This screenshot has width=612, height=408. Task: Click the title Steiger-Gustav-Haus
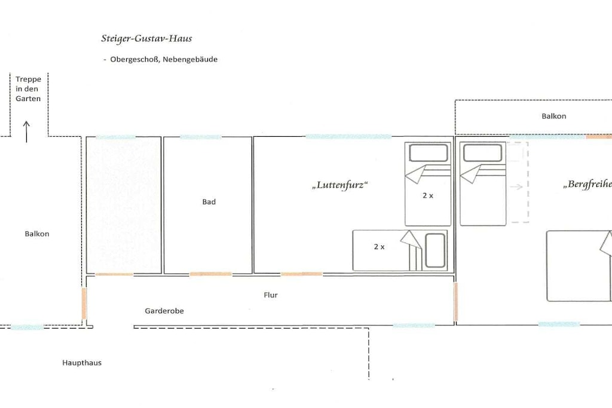click(x=147, y=38)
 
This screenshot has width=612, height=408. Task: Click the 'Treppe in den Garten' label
click(x=28, y=89)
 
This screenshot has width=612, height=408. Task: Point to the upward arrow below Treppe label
click(x=26, y=132)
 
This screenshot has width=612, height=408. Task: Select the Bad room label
click(x=209, y=202)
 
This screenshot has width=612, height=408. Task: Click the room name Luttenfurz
click(x=340, y=185)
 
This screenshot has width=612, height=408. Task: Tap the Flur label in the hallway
click(x=271, y=295)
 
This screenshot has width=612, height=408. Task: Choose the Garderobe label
click(x=164, y=311)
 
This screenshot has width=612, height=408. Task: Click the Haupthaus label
click(x=82, y=363)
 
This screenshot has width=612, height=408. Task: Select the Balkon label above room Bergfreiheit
click(x=554, y=116)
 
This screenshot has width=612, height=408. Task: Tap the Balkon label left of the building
click(x=37, y=234)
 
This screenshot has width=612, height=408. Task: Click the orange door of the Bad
click(x=211, y=274)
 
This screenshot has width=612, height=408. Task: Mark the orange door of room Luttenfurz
click(x=302, y=274)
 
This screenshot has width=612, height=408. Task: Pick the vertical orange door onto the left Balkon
click(x=84, y=303)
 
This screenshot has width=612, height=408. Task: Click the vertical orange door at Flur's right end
click(x=455, y=302)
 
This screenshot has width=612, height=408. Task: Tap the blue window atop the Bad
click(x=201, y=137)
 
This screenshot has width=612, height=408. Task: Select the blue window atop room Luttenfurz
click(x=348, y=137)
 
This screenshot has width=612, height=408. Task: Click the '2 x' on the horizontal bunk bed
click(x=379, y=247)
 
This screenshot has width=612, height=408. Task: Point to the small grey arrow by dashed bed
click(x=516, y=187)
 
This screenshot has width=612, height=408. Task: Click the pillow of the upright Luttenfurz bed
click(x=428, y=153)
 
